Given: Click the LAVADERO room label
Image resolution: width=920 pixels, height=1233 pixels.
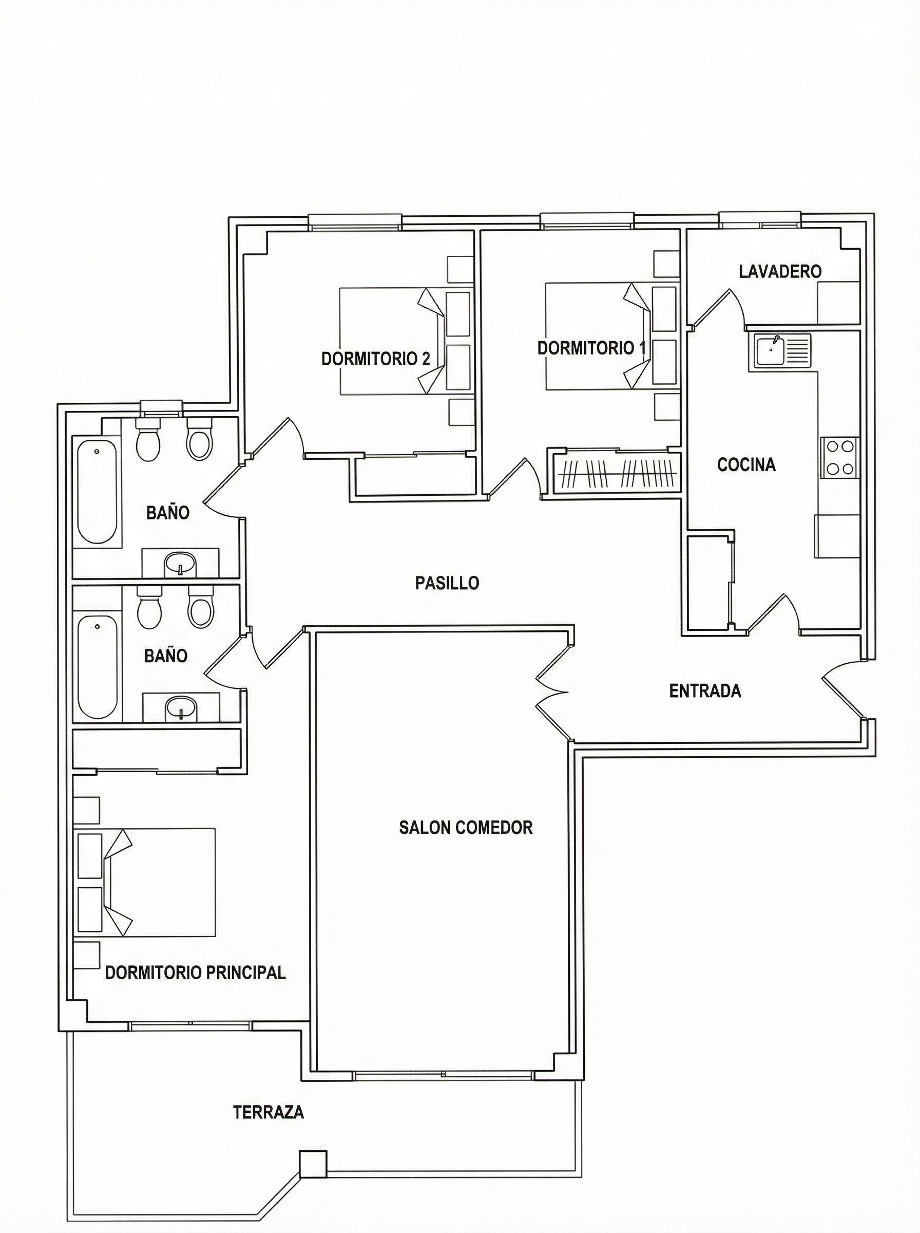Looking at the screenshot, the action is pyautogui.click(x=780, y=271).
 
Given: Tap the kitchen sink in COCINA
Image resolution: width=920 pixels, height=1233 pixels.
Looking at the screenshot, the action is pyautogui.click(x=782, y=351).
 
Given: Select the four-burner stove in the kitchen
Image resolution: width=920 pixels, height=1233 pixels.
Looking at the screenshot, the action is pyautogui.click(x=840, y=457).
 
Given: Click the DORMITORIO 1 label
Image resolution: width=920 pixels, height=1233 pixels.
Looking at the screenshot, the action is pyautogui.click(x=592, y=348).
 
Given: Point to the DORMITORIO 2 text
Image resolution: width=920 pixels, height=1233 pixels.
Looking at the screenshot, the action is pyautogui.click(x=376, y=358).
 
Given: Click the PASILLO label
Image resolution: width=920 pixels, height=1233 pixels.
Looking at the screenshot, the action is pyautogui.click(x=447, y=583).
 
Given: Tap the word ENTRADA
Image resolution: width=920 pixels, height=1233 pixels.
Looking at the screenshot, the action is pyautogui.click(x=705, y=691).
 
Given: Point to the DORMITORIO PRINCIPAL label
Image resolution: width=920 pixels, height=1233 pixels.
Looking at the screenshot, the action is pyautogui.click(x=196, y=972).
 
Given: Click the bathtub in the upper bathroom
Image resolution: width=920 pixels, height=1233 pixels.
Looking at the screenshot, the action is pyautogui.click(x=97, y=492).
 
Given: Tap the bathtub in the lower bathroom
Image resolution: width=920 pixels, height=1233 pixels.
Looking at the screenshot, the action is pyautogui.click(x=98, y=666).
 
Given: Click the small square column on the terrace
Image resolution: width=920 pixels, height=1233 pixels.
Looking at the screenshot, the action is pyautogui.click(x=313, y=1163).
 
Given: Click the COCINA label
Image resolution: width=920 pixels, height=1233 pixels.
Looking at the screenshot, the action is pyautogui.click(x=746, y=464).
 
